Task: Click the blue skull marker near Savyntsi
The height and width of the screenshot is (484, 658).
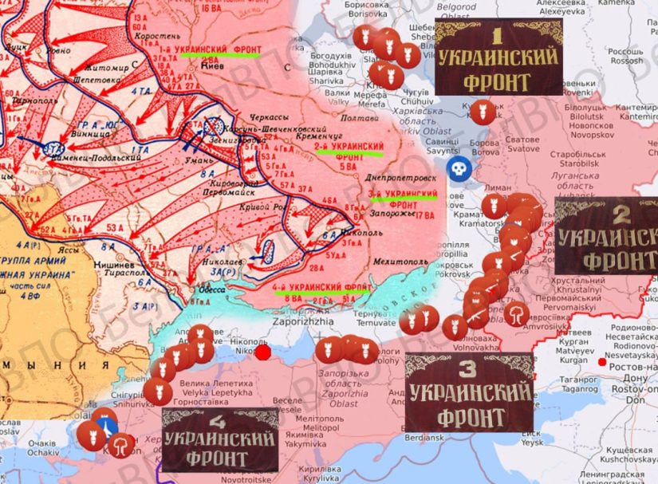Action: tap(457, 168)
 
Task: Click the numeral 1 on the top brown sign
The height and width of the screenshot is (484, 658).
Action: tap(497, 36)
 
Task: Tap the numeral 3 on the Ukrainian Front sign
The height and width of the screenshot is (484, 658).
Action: tap(468, 368)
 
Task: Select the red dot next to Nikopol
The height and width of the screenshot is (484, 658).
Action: tap(262, 352)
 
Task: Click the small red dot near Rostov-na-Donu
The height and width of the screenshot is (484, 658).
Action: tap(601, 362)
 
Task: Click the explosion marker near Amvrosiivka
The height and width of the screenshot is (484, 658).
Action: tap(517, 313)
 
